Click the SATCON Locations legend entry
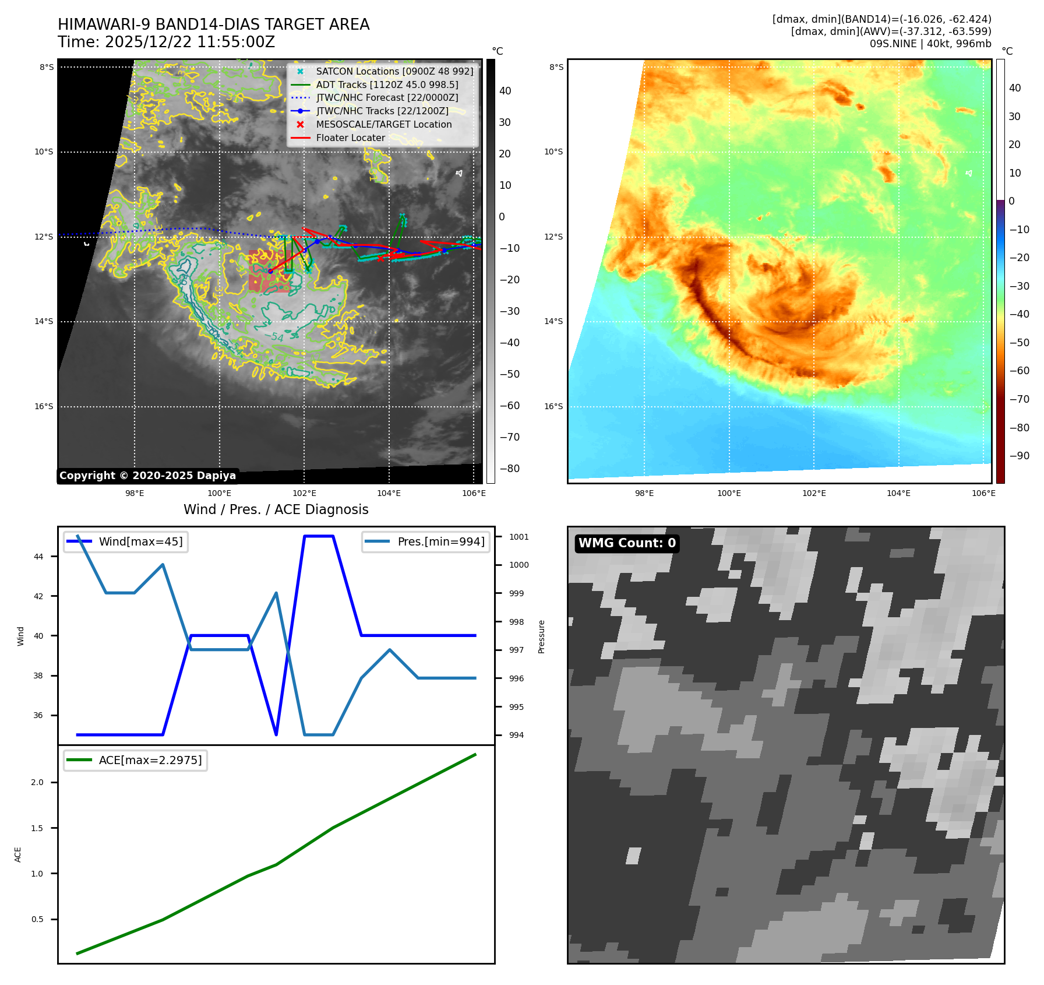[x=394, y=71]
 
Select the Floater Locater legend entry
[x=350, y=138]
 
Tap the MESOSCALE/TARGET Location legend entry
[x=383, y=124]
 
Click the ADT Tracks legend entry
[x=387, y=85]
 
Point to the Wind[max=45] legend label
[x=140, y=541]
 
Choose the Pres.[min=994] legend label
[x=440, y=541]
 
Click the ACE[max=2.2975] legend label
[x=150, y=760]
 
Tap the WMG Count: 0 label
[x=627, y=543]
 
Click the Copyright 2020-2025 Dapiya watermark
[x=147, y=476]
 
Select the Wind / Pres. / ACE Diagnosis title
[x=276, y=509]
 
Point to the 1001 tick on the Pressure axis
[x=519, y=537]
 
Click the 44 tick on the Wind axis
[x=38, y=557]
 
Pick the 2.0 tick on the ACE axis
[x=37, y=782]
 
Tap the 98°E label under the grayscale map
[x=135, y=493]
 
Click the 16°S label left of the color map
[x=553, y=406]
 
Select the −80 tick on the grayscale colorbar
[x=509, y=469]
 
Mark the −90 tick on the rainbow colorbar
[x=1019, y=456]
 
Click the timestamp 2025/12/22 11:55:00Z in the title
[x=190, y=43]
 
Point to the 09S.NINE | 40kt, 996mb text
[x=930, y=44]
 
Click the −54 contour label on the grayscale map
[x=274, y=336]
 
